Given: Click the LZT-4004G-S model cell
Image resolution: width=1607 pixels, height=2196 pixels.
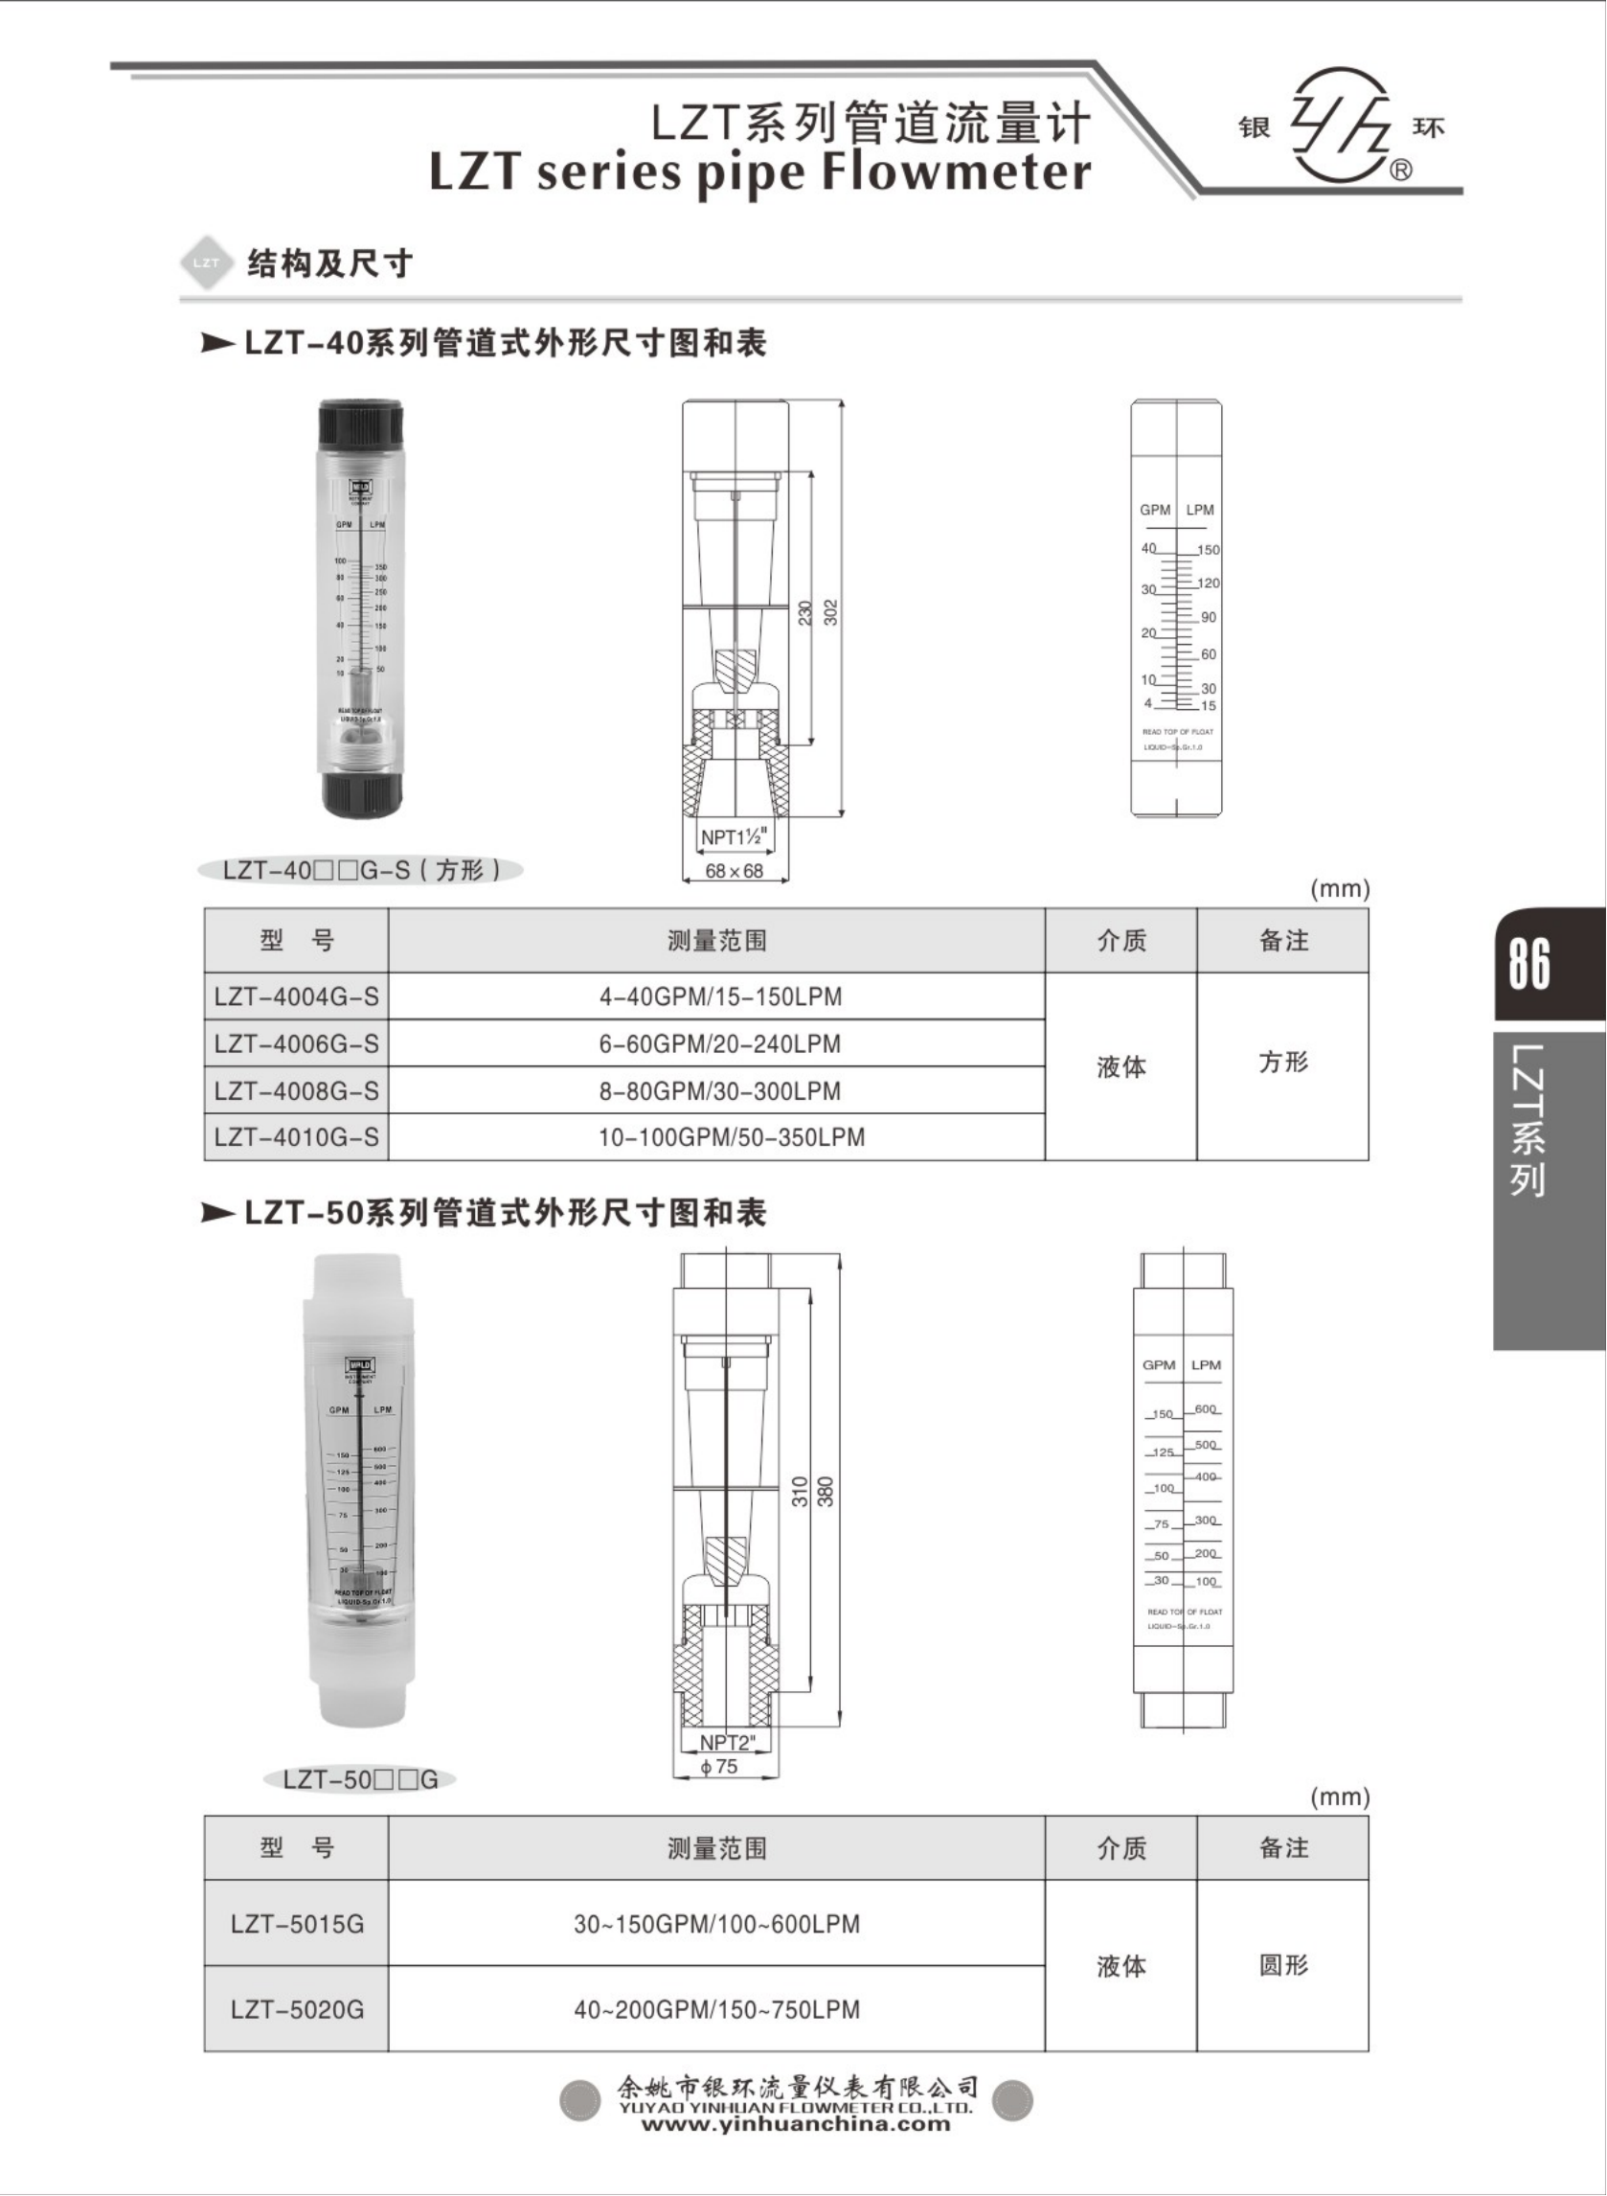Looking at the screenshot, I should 296,996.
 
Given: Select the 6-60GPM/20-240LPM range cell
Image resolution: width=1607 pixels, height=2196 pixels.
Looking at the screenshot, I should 719,1044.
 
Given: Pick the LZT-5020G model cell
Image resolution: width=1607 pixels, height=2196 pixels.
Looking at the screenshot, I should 297,2009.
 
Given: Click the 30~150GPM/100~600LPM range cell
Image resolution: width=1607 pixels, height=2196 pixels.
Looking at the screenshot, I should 716,1924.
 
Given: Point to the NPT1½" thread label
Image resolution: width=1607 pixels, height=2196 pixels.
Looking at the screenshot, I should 735,836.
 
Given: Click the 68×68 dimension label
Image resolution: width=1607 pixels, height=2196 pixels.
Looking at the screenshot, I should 734,871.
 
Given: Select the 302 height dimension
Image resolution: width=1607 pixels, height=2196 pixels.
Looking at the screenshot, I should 830,612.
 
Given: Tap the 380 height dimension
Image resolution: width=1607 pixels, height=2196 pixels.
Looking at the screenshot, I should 826,1492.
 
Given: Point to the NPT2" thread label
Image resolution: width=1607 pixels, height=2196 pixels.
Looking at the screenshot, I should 727,1742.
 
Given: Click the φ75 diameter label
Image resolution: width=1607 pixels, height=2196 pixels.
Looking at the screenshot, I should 720,1766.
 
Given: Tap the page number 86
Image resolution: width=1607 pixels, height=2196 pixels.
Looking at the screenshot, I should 1528,963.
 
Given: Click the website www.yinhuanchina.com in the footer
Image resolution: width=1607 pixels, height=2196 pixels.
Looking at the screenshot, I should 795,2122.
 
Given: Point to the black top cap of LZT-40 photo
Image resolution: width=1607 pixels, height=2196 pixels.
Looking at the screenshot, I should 360,423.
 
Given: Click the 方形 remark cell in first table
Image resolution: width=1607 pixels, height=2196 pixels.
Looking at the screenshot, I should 1283,1062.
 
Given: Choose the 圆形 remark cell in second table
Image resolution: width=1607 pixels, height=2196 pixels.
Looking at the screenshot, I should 1283,1965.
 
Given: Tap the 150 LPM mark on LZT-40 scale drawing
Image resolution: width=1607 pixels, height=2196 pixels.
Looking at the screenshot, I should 1209,550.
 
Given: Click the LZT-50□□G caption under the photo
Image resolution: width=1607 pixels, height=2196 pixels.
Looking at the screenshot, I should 360,1779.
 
